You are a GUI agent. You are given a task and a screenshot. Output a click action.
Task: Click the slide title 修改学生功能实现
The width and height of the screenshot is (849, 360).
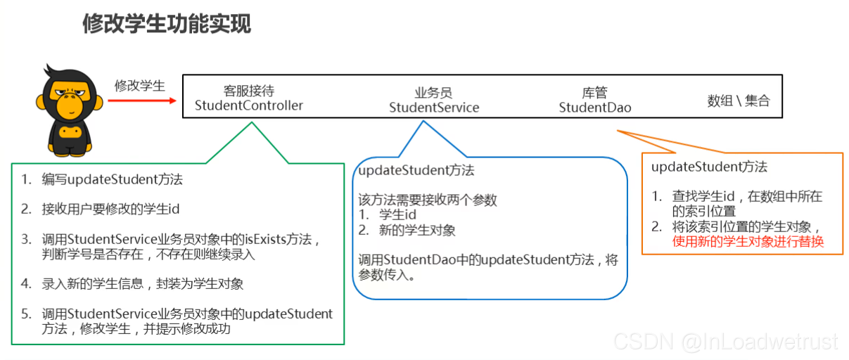tap(166, 24)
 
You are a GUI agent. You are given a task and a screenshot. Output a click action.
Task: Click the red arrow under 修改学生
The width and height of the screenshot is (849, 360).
tap(141, 100)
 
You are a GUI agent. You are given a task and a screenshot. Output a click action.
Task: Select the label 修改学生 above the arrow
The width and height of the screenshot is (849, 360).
tap(140, 86)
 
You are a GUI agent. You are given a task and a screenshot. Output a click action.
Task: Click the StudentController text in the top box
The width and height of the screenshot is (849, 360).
tap(248, 105)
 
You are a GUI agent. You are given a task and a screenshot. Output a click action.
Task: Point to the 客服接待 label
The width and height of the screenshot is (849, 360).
tap(248, 91)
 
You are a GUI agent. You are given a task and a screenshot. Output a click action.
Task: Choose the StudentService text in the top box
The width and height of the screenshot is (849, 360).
tap(434, 108)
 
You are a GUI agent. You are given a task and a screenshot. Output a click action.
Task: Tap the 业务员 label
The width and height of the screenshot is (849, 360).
tap(433, 93)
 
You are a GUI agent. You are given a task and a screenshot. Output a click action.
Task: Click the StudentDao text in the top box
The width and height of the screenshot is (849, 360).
tap(595, 108)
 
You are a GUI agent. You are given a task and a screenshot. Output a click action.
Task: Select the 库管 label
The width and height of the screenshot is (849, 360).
tap(594, 93)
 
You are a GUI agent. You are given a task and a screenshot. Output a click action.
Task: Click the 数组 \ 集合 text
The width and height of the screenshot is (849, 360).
tap(738, 101)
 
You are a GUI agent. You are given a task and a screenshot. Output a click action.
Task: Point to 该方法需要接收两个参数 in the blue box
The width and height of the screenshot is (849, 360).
tap(428, 200)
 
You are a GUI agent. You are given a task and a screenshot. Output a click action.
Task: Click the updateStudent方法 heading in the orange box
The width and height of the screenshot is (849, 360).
tap(709, 167)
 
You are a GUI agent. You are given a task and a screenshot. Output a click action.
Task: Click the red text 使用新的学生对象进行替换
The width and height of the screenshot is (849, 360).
tap(748, 241)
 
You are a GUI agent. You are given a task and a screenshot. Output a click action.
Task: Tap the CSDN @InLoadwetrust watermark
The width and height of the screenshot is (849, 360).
tap(725, 342)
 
